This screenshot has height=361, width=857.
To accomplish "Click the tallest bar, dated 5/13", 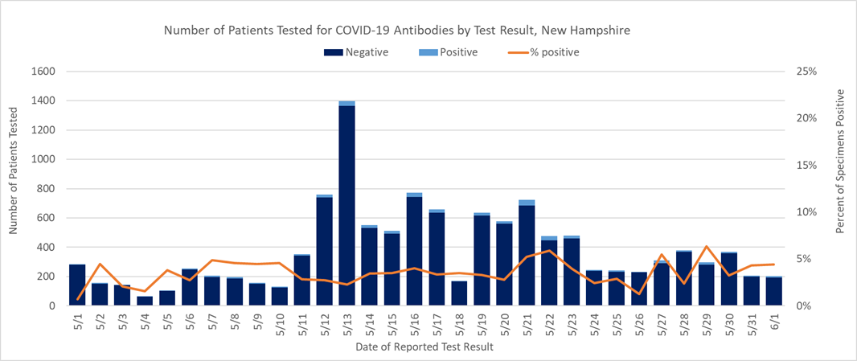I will [347, 205].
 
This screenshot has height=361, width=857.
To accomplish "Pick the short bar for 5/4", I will [145, 301].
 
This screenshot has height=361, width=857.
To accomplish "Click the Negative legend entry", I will [356, 53].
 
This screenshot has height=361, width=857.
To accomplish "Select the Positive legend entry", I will [449, 53].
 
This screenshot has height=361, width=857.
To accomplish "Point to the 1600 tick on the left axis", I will [43, 72].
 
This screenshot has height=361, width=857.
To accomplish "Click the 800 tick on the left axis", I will [47, 189].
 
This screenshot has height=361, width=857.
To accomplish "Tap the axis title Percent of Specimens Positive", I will [840, 161].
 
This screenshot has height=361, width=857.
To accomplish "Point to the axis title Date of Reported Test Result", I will [424, 347].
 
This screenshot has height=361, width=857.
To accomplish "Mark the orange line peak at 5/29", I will [706, 247].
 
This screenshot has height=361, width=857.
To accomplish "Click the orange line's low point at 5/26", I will [639, 293].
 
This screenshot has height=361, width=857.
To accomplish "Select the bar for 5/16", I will [414, 250].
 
